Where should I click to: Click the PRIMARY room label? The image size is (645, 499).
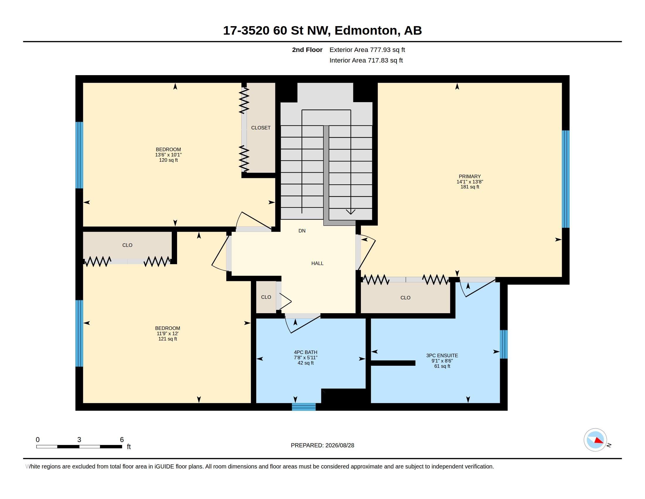click(x=470, y=176)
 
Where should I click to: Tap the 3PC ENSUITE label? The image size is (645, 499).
click(x=442, y=356)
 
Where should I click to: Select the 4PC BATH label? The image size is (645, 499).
click(x=306, y=352)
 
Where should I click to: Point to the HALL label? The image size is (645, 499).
click(x=318, y=263)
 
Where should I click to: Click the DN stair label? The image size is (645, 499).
click(x=302, y=231)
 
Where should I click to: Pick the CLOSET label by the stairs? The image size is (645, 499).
click(x=261, y=128)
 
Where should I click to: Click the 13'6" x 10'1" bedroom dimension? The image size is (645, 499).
click(x=168, y=155)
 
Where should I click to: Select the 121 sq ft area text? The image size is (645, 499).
click(x=167, y=339)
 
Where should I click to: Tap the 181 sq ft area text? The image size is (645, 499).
click(x=470, y=187)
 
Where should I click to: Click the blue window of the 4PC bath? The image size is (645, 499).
click(x=304, y=407)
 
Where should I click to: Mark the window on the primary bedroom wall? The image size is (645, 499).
click(x=566, y=179)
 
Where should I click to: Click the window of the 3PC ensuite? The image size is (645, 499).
click(x=503, y=344)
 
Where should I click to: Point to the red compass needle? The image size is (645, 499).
click(x=599, y=441)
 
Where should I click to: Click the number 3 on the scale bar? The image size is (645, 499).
click(x=79, y=440)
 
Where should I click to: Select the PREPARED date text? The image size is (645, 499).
click(x=322, y=445)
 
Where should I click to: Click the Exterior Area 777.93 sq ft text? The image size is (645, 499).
click(x=367, y=50)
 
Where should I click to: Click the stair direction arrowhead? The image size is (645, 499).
click(x=351, y=212)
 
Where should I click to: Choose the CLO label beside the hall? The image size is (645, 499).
click(x=266, y=297)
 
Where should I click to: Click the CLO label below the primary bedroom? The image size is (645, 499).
click(x=405, y=298)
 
